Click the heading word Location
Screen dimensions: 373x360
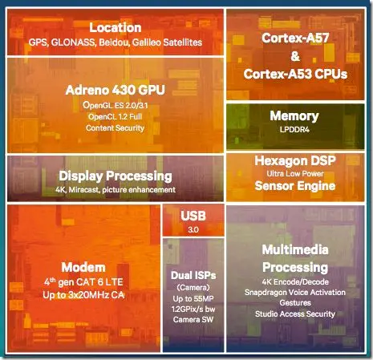click(116, 27)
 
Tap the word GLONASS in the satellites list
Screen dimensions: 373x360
click(73, 42)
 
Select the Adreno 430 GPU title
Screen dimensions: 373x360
click(116, 90)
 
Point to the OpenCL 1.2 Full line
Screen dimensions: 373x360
click(115, 116)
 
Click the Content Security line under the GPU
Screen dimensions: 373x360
click(115, 128)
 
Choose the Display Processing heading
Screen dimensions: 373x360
click(116, 176)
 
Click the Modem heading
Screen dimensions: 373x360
click(83, 267)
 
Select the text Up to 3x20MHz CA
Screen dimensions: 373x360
click(83, 295)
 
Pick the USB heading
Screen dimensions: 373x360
click(193, 216)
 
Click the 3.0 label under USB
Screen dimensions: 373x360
click(193, 229)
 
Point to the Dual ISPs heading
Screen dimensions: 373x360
click(193, 275)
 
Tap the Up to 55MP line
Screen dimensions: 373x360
click(193, 298)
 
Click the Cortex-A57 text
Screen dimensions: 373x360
click(295, 38)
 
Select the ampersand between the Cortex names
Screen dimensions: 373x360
click(295, 56)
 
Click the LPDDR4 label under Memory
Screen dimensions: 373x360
click(294, 130)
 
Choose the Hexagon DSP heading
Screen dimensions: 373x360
click(295, 160)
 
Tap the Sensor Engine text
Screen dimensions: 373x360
click(295, 186)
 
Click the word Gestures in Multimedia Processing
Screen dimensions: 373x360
click(295, 303)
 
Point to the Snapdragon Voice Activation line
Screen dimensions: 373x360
click(295, 293)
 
